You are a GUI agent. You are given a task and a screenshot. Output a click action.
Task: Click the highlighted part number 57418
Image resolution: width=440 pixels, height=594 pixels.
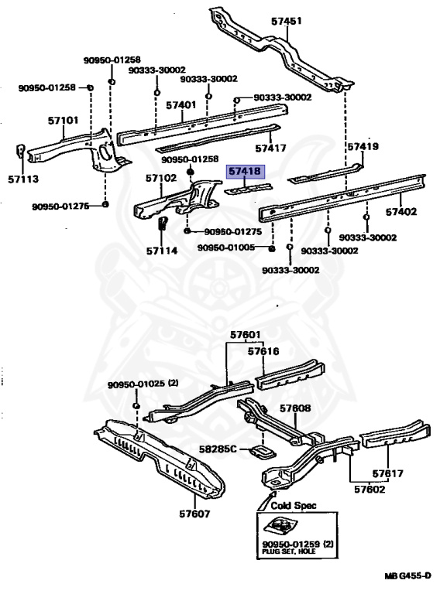[245, 171]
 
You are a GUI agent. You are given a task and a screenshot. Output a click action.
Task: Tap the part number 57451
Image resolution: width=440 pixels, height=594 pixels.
[287, 21]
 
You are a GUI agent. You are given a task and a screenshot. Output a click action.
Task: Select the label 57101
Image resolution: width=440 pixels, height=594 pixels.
[63, 121]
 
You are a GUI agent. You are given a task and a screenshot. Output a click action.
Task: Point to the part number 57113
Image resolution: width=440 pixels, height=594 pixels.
[23, 179]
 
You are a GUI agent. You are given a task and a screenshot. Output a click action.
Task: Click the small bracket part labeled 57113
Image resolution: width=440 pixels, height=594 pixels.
[20, 150]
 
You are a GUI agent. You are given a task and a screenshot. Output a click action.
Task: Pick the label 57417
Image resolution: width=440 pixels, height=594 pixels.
[270, 148]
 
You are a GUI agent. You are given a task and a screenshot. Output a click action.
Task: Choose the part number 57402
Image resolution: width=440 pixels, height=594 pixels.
[401, 212]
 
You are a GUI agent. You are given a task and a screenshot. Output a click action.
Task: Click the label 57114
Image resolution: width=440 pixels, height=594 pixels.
[162, 251]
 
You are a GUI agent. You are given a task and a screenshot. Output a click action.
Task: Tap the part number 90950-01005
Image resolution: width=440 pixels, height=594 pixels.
[226, 247]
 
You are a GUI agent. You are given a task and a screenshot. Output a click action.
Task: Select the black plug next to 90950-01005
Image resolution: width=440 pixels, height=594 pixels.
[272, 248]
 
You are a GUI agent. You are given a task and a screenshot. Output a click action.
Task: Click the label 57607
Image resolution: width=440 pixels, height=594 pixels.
[194, 514]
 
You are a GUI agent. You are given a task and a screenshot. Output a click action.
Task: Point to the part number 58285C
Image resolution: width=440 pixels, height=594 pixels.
[218, 449]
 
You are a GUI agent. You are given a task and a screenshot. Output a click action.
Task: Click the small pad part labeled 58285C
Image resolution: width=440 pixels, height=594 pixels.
[262, 452]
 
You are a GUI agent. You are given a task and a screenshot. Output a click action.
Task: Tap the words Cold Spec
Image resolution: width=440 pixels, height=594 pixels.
[294, 505]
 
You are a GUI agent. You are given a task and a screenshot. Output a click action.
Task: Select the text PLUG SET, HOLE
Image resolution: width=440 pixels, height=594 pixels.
[289, 551]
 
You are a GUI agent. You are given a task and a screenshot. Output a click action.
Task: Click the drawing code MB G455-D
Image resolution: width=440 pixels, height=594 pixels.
[407, 575]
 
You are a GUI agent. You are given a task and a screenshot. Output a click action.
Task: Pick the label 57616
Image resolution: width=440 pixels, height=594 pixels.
[263, 352]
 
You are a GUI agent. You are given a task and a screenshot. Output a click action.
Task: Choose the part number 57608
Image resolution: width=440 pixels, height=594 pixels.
[295, 408]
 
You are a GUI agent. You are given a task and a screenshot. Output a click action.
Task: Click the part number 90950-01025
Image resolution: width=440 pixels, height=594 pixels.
[136, 384]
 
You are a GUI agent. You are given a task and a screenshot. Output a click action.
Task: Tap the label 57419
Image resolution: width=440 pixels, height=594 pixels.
[363, 146]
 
